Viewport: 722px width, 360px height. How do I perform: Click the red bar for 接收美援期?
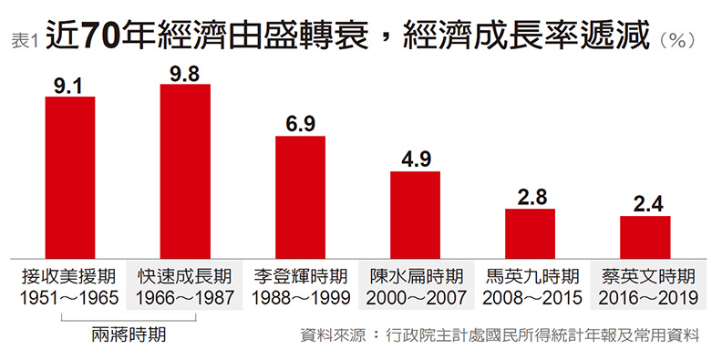click(x=70, y=177)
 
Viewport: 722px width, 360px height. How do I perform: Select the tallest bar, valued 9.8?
click(x=185, y=171)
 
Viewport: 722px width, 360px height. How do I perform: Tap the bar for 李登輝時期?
click(x=300, y=197)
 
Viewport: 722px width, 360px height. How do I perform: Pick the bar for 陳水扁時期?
click(x=415, y=214)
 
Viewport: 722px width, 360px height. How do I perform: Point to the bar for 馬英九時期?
click(x=531, y=233)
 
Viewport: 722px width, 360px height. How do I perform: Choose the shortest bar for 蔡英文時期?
click(x=645, y=237)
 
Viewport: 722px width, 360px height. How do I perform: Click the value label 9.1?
click(x=70, y=86)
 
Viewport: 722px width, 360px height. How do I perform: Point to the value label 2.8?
click(x=531, y=198)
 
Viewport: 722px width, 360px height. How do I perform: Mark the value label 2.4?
click(x=645, y=205)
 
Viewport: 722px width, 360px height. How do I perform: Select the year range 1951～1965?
click(x=70, y=297)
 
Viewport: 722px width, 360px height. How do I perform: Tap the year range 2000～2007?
click(x=415, y=297)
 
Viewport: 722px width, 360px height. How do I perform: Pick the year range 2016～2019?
click(x=645, y=297)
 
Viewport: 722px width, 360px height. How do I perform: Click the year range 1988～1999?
click(x=300, y=297)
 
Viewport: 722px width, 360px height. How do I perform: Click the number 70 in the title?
click(x=103, y=36)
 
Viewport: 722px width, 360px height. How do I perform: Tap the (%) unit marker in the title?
click(x=677, y=40)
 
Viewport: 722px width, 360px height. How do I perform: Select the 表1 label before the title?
click(x=24, y=41)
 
